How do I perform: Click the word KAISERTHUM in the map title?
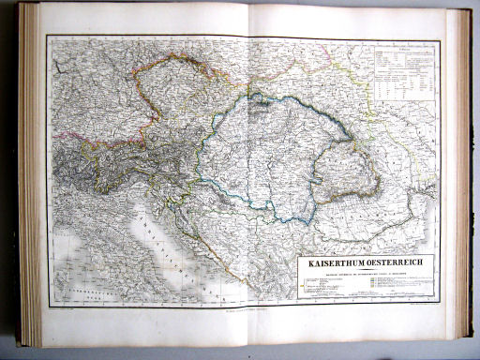[330, 262]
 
